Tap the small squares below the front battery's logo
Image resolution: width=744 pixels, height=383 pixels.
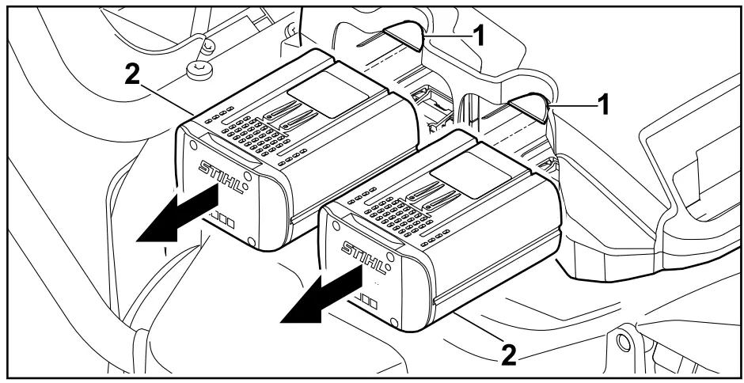[366, 301]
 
